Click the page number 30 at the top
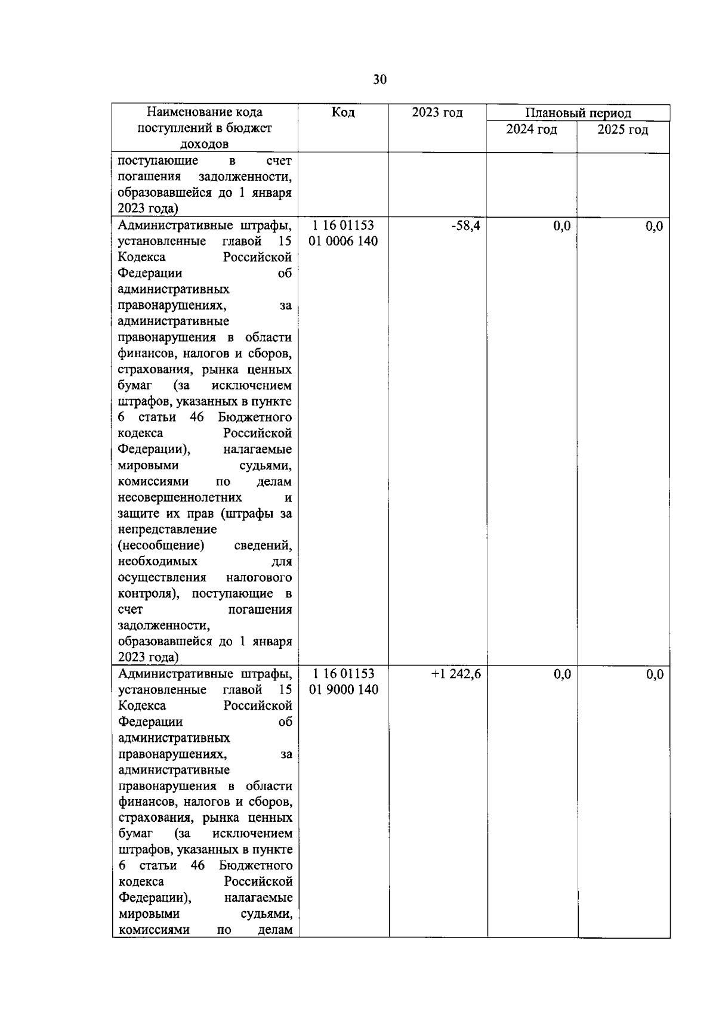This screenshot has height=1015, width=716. (x=380, y=79)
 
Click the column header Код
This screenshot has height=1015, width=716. (x=343, y=113)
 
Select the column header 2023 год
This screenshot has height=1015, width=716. (x=437, y=113)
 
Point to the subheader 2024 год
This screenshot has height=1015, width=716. (x=531, y=129)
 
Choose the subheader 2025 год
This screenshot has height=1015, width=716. (x=623, y=129)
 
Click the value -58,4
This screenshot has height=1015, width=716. (x=467, y=226)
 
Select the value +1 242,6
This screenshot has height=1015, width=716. (x=456, y=674)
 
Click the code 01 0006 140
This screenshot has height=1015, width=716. (x=344, y=242)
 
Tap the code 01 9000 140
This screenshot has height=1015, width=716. (x=344, y=690)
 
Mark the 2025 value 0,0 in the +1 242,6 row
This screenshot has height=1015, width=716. (x=654, y=674)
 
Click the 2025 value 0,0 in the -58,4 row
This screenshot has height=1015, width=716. (x=654, y=226)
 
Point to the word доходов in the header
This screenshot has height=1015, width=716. (x=204, y=144)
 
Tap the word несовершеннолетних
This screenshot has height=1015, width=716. (x=180, y=497)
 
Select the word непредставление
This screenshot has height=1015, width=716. (x=167, y=530)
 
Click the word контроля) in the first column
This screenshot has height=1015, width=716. (x=152, y=593)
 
